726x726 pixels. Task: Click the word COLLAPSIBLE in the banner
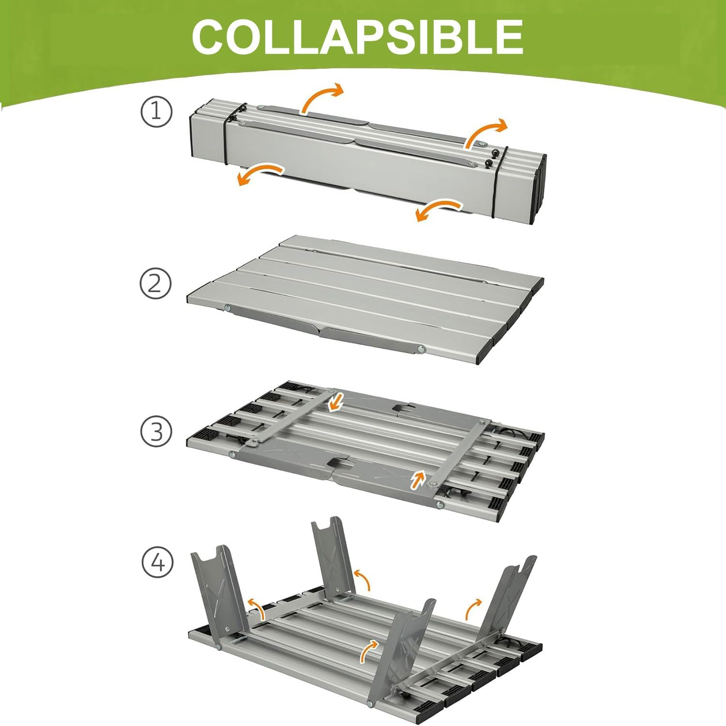(x=357, y=37)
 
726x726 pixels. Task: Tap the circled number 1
(x=156, y=112)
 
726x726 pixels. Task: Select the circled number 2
(x=156, y=283)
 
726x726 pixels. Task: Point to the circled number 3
(x=156, y=431)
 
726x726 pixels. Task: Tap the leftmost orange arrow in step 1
(x=259, y=173)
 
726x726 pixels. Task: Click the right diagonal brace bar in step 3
(x=457, y=452)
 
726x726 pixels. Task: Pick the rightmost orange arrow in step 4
(x=473, y=607)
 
